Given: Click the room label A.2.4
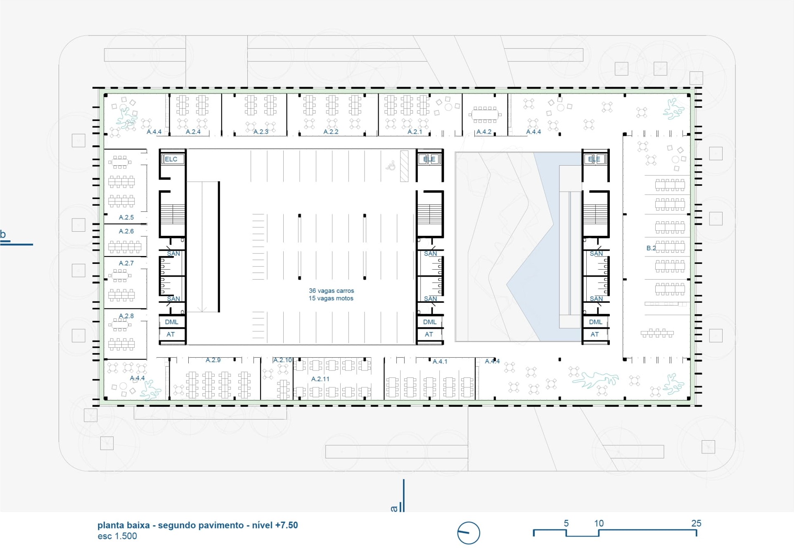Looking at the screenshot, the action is [193, 132].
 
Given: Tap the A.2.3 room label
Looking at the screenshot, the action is [261, 132].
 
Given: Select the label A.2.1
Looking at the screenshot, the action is [415, 132].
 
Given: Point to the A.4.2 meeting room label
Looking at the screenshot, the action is [484, 132].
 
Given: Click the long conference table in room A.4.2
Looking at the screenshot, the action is [485, 114].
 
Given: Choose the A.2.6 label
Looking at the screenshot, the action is [126, 231].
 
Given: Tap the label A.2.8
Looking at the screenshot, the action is [126, 316].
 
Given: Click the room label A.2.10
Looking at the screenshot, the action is [282, 360].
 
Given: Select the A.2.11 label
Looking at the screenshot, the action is [320, 379].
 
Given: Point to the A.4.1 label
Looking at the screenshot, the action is [440, 362].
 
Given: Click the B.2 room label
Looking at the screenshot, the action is [651, 248].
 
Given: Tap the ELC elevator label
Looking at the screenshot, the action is [171, 159].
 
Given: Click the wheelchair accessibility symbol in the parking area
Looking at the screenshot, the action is [391, 166].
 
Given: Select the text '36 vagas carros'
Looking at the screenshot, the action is [331, 291].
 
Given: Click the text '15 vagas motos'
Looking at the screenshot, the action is [331, 298].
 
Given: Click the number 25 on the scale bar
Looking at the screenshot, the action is [696, 523].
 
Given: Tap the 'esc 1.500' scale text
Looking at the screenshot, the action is [117, 536].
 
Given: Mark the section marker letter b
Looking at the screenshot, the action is [3, 234].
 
